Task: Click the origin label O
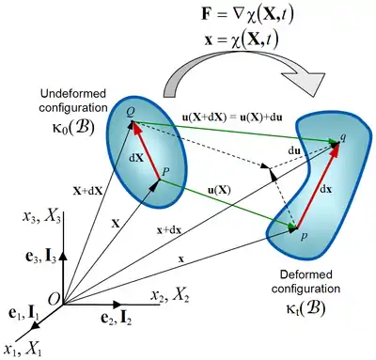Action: click(x=54, y=299)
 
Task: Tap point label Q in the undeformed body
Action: click(x=131, y=113)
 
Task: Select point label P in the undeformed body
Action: click(x=165, y=171)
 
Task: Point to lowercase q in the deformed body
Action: click(x=343, y=137)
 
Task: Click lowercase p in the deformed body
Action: click(x=304, y=236)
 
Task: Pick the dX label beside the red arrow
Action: click(x=136, y=158)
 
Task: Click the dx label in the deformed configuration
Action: click(x=326, y=189)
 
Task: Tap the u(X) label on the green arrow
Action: click(x=219, y=190)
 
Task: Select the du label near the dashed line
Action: click(x=294, y=151)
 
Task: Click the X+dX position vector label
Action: click(x=88, y=191)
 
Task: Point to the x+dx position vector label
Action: click(x=169, y=230)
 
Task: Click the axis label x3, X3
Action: click(x=41, y=217)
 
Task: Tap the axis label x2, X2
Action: click(x=170, y=295)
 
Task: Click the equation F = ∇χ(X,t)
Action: click(x=247, y=15)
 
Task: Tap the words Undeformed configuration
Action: click(x=73, y=101)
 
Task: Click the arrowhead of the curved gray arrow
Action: click(x=304, y=81)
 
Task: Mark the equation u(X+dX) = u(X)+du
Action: click(x=232, y=117)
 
